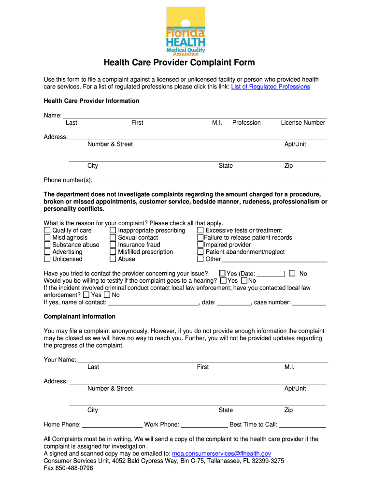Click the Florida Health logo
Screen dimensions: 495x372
coord(186,31)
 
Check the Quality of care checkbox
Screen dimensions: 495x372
coord(47,231)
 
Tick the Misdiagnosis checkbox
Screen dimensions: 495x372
coord(47,238)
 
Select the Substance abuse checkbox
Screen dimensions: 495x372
coord(47,245)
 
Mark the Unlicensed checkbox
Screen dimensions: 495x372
coord(47,259)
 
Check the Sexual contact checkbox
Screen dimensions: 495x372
coord(113,238)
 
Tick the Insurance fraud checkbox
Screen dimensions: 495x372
coord(113,245)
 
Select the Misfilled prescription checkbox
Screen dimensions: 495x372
coord(113,252)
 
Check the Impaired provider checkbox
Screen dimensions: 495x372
coord(200,245)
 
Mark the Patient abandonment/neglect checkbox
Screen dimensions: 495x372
coord(200,252)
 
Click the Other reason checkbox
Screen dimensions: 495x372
coord(200,259)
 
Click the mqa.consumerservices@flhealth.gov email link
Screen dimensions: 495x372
coord(222,453)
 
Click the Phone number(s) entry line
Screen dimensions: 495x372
coord(211,181)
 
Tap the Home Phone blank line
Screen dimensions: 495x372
coord(112,425)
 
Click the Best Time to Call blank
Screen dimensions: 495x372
coord(302,425)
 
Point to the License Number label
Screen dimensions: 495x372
coord(303,123)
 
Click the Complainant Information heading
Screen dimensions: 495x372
coord(80,317)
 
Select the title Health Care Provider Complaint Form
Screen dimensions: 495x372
coord(186,63)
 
